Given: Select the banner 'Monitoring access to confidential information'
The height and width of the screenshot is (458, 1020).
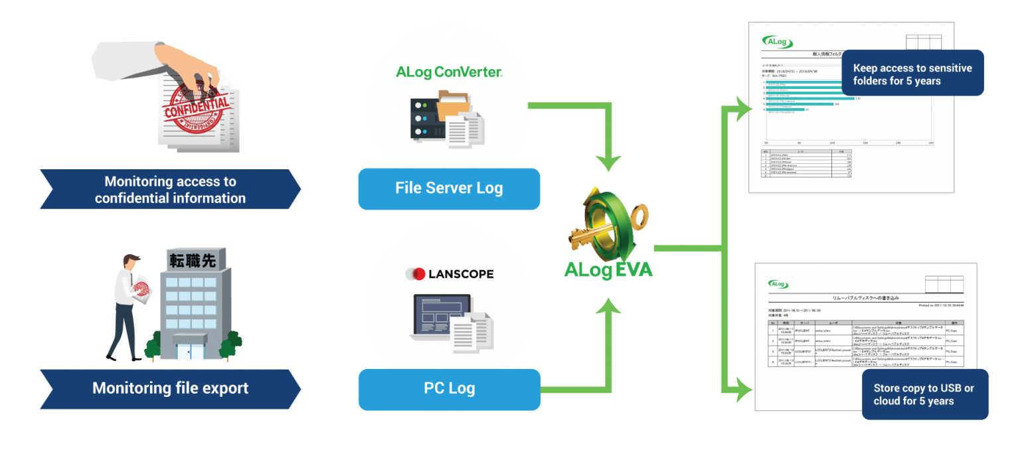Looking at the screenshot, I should pyautogui.click(x=170, y=189).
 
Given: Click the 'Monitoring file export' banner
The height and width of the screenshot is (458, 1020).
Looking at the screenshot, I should pyautogui.click(x=170, y=388).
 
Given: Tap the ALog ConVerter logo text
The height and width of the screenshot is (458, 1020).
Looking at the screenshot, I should pyautogui.click(x=449, y=72).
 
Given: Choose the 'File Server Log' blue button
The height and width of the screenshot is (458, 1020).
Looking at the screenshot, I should pyautogui.click(x=449, y=189).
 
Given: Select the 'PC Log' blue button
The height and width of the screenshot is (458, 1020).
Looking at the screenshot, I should pyautogui.click(x=449, y=389).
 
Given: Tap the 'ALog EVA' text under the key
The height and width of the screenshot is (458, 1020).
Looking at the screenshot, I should pyautogui.click(x=608, y=270).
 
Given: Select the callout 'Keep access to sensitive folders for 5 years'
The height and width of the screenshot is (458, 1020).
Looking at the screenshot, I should pyautogui.click(x=912, y=74).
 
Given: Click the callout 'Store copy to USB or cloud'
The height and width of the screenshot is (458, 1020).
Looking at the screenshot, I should pyautogui.click(x=924, y=394).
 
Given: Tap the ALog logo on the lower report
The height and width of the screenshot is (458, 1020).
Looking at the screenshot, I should pyautogui.click(x=778, y=284).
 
